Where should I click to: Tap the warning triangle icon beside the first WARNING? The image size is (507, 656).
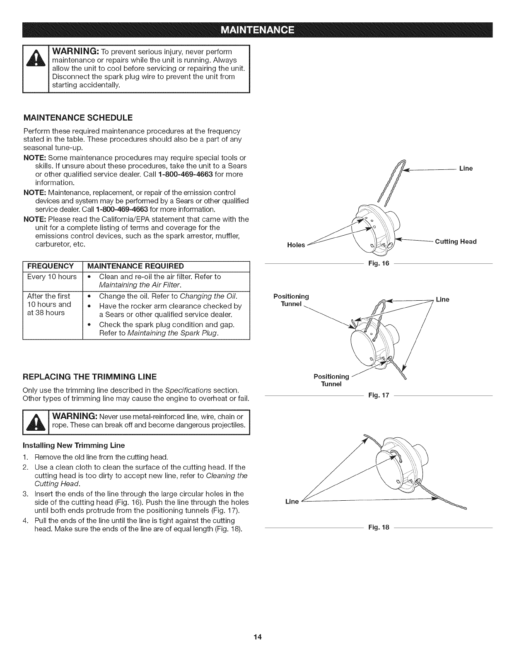(36, 70)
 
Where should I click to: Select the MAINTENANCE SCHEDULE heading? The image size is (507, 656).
(77, 118)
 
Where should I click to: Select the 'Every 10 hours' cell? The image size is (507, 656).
(52, 276)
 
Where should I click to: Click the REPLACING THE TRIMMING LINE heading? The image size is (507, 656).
(89, 376)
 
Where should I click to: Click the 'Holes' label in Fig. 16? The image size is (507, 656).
(296, 245)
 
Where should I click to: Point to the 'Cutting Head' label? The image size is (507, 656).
(456, 241)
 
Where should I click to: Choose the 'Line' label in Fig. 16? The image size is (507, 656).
(466, 169)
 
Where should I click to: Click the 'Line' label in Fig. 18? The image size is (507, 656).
(292, 502)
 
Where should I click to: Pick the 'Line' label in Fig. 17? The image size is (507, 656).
(442, 299)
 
